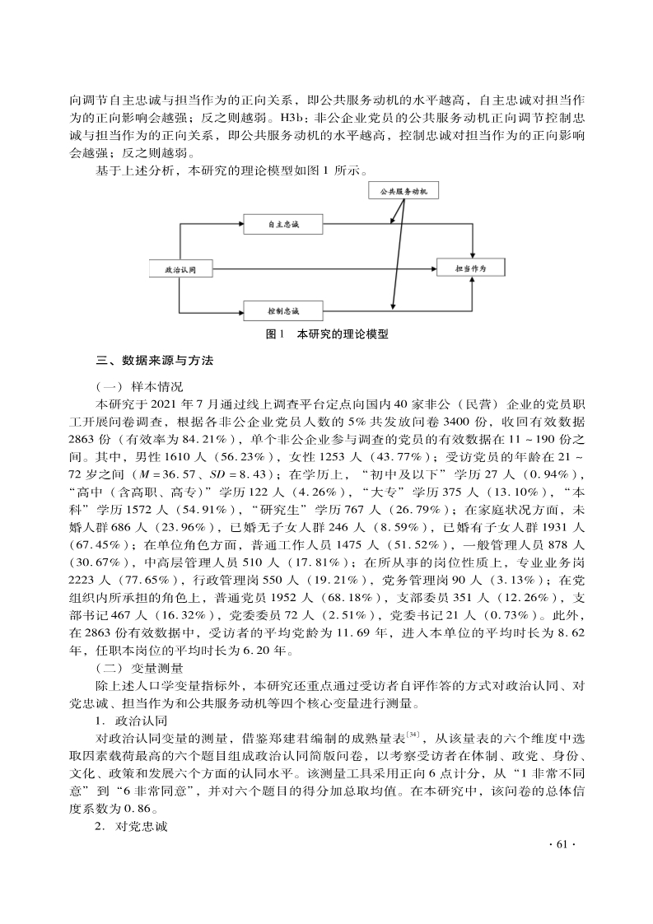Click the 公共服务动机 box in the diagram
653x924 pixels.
click(x=403, y=191)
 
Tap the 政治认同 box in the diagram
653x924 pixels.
click(x=180, y=268)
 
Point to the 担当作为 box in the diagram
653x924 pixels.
click(x=472, y=268)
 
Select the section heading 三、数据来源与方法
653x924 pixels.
click(x=155, y=361)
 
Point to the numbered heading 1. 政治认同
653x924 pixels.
click(x=132, y=719)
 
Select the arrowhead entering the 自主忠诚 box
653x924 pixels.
click(x=241, y=222)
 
